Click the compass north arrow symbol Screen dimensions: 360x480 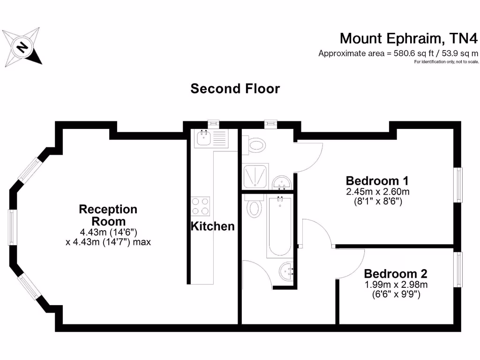point(22,47)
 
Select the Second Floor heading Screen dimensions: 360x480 point(235,89)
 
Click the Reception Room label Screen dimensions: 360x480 point(108,215)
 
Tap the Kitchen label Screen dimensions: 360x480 point(212,226)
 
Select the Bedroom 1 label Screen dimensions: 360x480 point(377,180)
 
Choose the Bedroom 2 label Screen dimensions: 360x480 point(396,273)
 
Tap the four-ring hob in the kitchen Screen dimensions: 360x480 point(201,205)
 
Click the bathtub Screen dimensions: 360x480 point(279,227)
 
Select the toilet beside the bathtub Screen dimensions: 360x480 point(254,206)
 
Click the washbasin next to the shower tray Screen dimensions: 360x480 point(282,182)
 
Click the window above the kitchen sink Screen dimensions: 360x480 point(214,124)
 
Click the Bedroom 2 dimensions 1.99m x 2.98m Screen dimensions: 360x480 point(396,285)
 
